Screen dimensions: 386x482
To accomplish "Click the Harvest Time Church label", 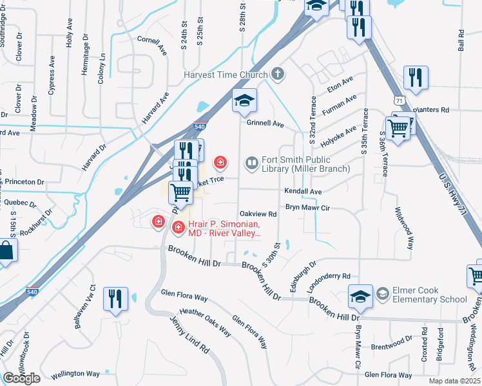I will [225, 75].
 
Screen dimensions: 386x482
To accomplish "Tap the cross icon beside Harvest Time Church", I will [278, 75].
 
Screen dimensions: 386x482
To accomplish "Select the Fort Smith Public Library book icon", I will [252, 163].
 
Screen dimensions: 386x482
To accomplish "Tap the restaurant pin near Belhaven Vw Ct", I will [116, 299].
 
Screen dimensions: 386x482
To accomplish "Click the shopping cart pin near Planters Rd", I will [398, 128].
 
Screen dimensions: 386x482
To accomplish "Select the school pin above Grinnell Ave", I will [245, 101].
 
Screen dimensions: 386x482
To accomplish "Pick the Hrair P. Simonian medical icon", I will [178, 227].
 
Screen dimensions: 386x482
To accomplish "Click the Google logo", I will [22, 378].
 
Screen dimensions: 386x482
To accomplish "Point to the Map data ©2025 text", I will [454, 381].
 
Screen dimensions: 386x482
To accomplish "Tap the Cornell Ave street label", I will [152, 44].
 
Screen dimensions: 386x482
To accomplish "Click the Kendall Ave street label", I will [303, 192].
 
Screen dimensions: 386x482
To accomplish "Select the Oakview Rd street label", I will [258, 214].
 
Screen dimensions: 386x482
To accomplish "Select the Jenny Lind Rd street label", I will [190, 334].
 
